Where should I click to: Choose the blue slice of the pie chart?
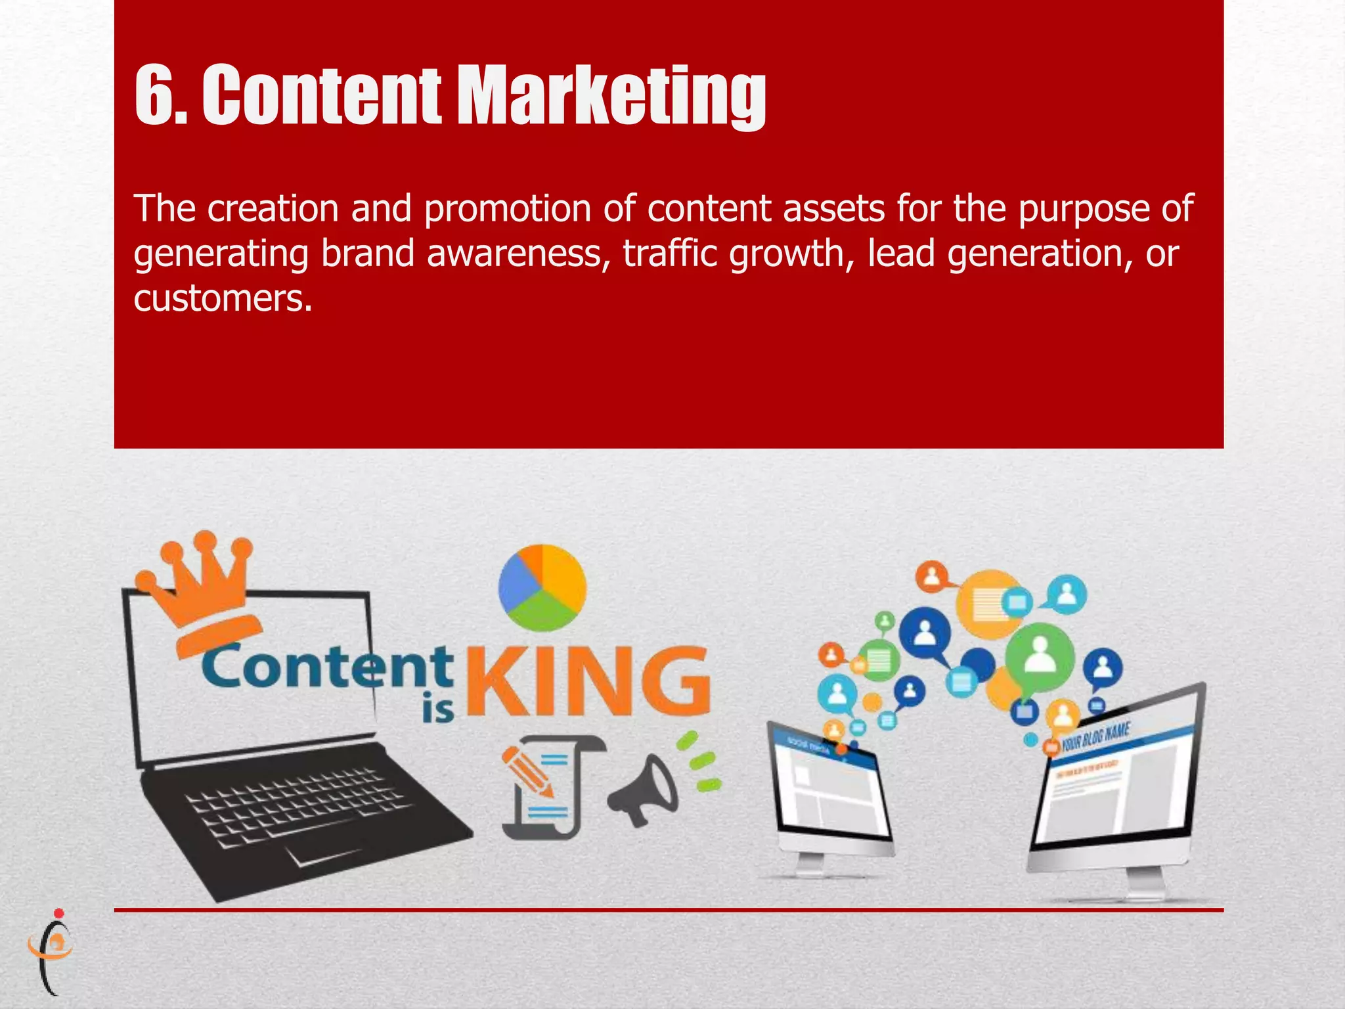click(x=516, y=581)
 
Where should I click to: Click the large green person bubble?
click(x=1040, y=657)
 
